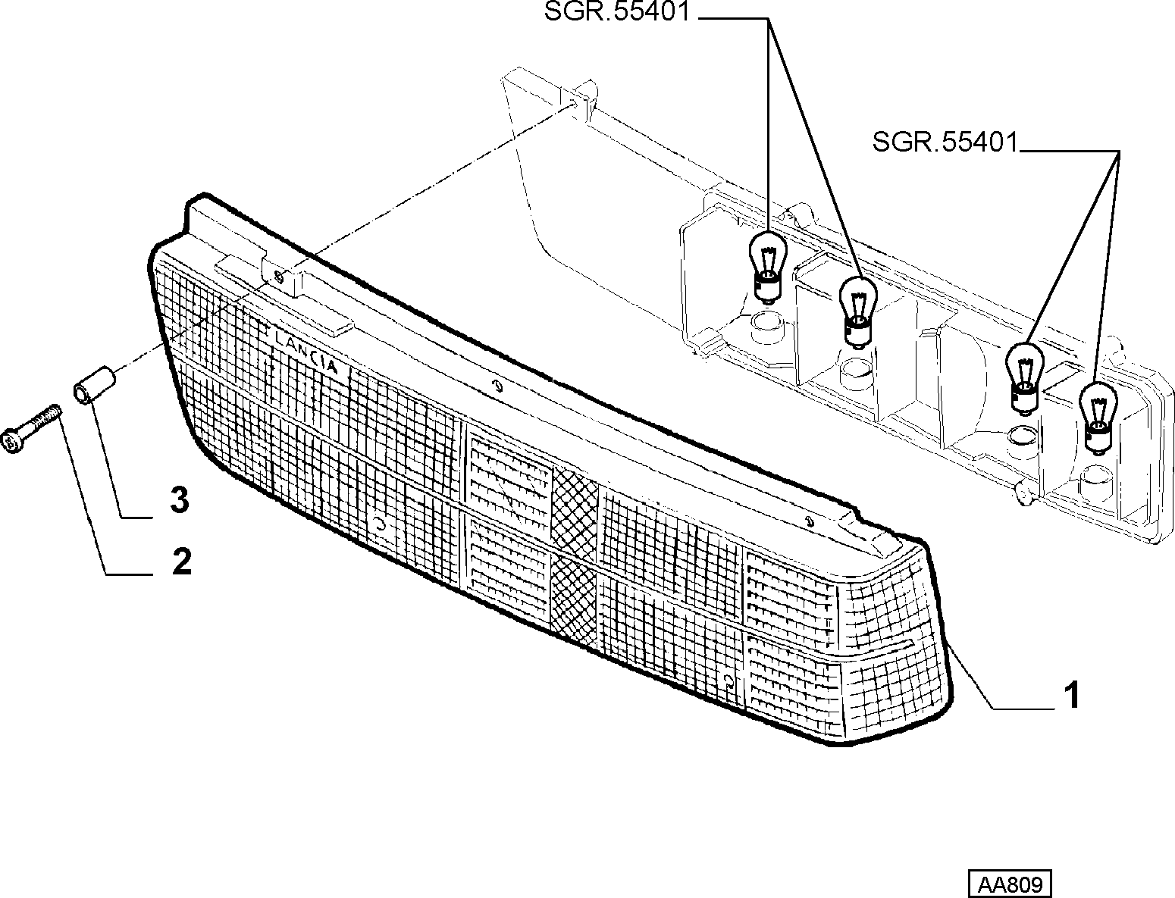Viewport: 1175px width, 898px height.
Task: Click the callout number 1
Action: click(x=1071, y=695)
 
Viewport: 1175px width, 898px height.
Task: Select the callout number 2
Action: click(x=182, y=562)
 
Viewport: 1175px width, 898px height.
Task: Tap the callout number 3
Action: click(x=180, y=500)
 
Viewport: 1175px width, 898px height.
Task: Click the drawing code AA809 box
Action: click(x=1010, y=884)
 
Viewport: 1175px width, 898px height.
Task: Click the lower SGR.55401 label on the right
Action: click(x=945, y=142)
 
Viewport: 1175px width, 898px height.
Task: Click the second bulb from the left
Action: click(x=857, y=312)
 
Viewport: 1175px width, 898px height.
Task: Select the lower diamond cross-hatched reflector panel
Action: click(x=573, y=599)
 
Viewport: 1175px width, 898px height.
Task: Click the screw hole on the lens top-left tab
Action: click(x=279, y=276)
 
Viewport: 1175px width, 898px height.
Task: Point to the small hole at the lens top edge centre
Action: click(x=498, y=386)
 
